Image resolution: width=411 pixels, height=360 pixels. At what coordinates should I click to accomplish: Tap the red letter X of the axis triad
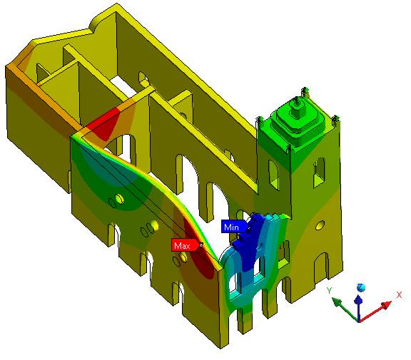399,295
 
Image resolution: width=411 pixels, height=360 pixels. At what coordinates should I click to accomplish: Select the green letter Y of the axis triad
330,290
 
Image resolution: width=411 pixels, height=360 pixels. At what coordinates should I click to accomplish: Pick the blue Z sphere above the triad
361,287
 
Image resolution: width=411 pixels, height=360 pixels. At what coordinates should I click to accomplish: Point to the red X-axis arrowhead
385,305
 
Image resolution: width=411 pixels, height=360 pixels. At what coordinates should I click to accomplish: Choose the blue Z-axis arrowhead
358,299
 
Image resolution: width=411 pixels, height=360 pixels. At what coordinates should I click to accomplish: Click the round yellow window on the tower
320,225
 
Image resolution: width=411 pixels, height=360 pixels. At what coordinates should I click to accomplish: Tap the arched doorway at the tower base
321,268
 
